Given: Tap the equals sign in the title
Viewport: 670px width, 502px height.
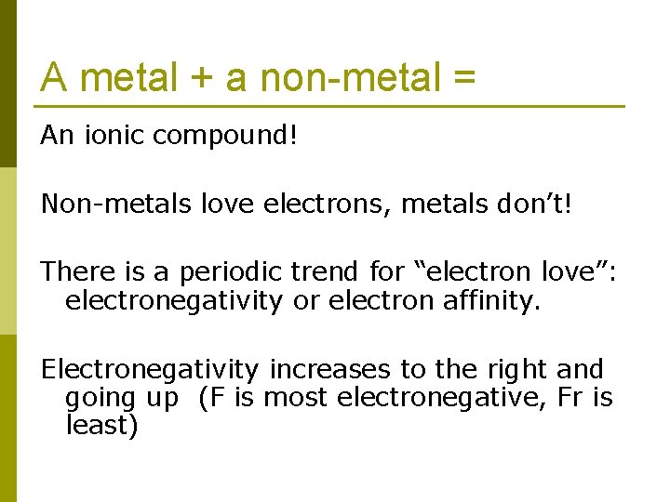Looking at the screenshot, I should point(463,79).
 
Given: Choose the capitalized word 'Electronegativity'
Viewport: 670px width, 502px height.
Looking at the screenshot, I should point(150,369).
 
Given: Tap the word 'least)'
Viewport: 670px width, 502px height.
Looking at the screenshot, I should point(101,427).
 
